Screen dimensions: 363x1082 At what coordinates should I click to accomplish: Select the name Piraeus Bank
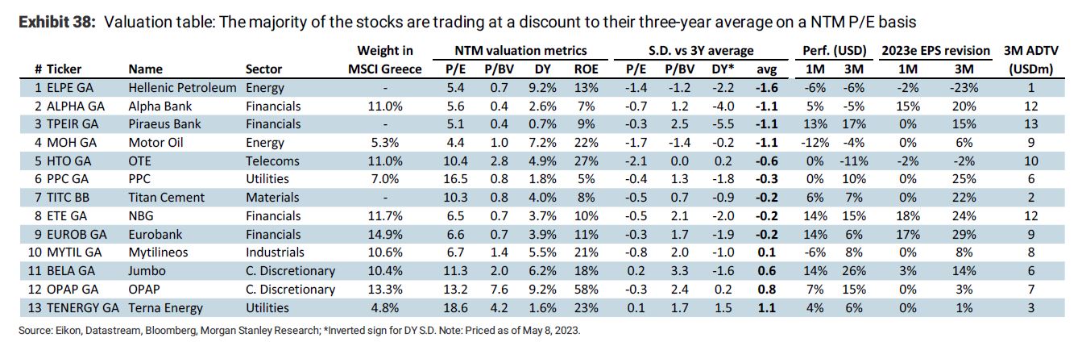tap(165, 124)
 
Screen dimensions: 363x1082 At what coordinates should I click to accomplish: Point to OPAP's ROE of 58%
tap(586, 289)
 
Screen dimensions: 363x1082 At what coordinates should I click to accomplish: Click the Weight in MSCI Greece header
tap(384, 60)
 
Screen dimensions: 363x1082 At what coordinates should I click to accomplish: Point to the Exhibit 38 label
tap(54, 22)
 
